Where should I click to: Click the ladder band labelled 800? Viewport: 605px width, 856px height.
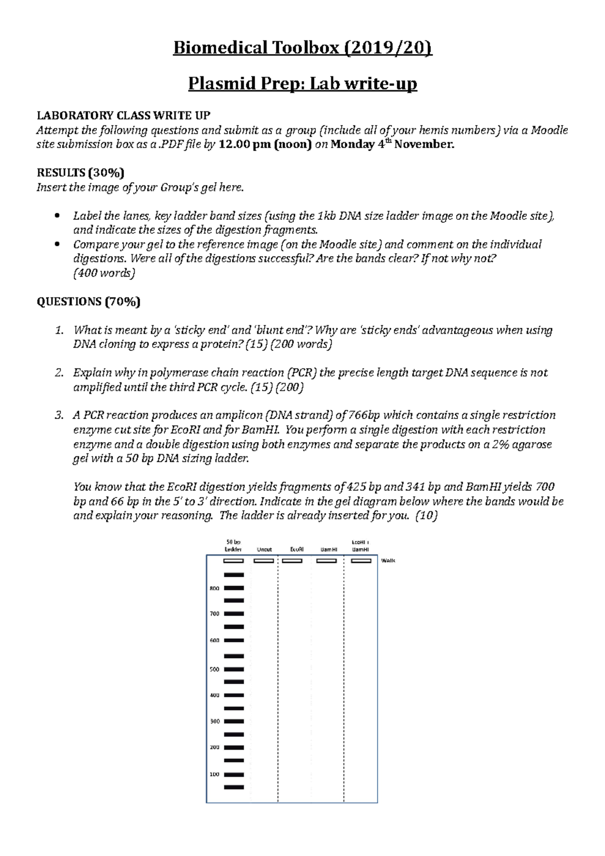pos(233,588)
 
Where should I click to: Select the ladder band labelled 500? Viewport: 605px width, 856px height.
pos(233,669)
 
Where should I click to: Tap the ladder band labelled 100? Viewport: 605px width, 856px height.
pos(233,774)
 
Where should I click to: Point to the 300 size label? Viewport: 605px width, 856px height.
pos(214,721)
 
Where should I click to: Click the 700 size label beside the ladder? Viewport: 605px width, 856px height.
pos(214,614)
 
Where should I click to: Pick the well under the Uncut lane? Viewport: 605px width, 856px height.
pos(264,561)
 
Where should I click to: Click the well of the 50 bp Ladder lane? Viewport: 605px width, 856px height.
pos(233,561)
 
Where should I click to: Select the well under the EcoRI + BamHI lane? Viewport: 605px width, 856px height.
pos(360,561)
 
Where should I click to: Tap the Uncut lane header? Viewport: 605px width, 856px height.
pos(264,549)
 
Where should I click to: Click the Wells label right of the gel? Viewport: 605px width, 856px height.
pos(388,561)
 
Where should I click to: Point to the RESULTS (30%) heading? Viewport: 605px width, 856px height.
pos(81,173)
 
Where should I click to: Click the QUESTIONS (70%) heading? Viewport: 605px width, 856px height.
pos(88,302)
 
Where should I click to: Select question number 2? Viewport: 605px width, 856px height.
pos(59,373)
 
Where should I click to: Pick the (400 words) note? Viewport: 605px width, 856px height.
pos(104,273)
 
